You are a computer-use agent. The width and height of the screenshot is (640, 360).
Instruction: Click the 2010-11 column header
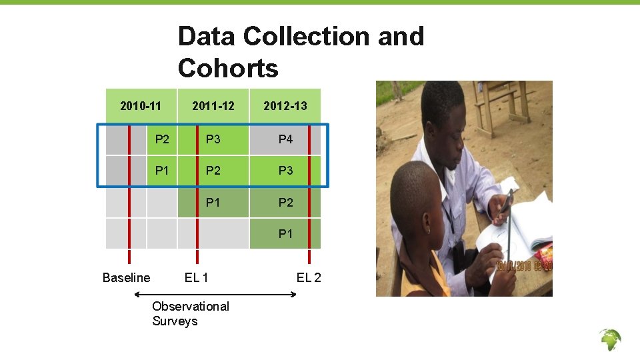140,106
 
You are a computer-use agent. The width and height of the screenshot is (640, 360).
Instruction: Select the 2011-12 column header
213,106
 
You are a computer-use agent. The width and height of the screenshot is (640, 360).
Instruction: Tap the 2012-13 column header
285,106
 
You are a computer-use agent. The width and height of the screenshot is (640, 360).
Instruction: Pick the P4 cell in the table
285,139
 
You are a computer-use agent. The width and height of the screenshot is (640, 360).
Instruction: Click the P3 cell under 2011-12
213,139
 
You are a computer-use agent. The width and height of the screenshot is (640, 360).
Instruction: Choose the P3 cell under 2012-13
285,171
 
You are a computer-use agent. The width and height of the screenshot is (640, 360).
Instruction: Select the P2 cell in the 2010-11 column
162,139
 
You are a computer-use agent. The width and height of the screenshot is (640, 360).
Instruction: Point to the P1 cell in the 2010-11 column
162,171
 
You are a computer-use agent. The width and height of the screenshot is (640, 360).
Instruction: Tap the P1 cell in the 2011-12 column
213,202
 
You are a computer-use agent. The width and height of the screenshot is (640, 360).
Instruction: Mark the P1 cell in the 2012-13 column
285,234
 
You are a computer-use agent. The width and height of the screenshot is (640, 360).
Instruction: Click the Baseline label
126,277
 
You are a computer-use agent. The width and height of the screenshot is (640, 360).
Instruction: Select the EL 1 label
196,277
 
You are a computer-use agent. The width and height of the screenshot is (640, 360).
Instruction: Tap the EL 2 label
309,277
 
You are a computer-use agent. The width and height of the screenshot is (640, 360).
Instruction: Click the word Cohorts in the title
228,68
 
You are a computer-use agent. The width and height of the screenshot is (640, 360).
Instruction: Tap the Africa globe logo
609,340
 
